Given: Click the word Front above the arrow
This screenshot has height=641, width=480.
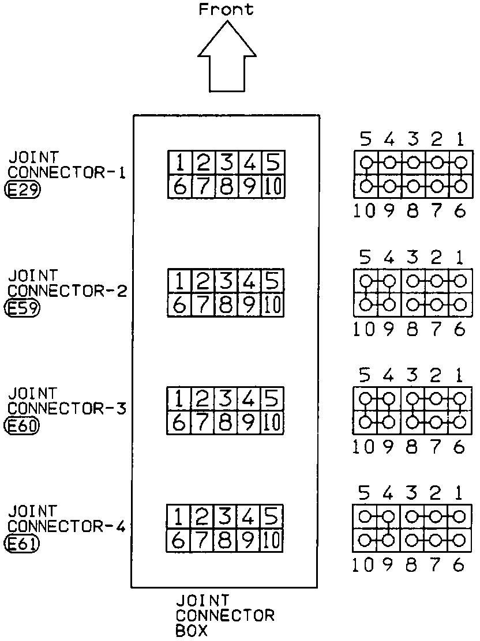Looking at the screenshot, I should (226, 9).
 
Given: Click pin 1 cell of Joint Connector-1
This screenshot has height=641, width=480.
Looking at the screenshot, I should (179, 163).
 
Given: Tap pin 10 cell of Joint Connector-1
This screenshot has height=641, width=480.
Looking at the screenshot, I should (273, 187).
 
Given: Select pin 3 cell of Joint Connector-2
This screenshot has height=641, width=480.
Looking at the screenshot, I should (226, 281).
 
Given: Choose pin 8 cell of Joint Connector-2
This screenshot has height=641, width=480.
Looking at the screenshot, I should (226, 305).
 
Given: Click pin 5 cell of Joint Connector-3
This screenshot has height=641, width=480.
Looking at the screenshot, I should (273, 399).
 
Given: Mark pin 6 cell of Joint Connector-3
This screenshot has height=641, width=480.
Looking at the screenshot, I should (179, 423).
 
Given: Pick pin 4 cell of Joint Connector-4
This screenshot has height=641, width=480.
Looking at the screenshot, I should (250, 516).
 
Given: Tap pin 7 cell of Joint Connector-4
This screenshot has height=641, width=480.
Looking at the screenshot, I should (202, 541).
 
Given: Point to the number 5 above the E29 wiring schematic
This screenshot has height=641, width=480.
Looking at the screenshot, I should (365, 139).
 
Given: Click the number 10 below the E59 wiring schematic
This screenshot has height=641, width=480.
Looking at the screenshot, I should (364, 329).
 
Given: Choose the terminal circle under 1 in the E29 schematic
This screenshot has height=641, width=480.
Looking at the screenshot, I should (459, 163).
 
